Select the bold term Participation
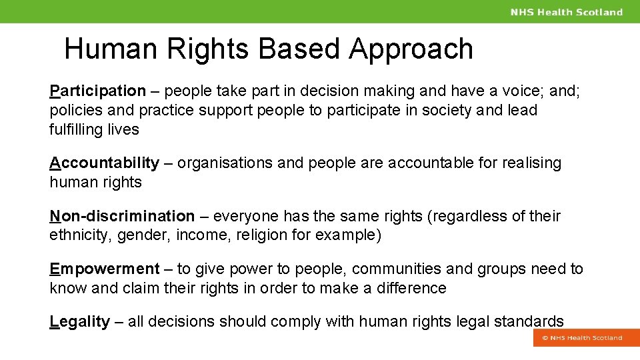(97, 91)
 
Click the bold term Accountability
(105, 163)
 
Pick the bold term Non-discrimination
(122, 216)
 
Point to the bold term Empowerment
(105, 269)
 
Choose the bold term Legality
(79, 321)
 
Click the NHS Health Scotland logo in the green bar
(567, 12)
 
